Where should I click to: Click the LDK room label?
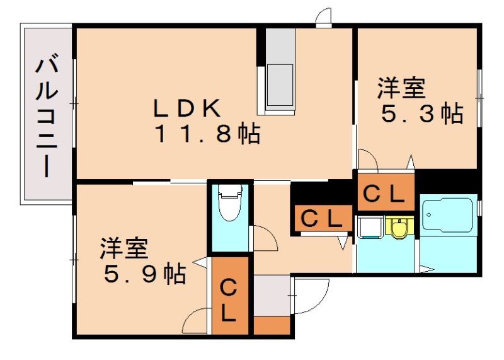tap(187, 108)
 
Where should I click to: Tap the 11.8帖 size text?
tap(207, 133)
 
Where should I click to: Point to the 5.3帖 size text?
tap(423, 114)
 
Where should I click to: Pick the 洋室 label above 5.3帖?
tap(401, 88)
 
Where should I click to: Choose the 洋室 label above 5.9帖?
tap(123, 248)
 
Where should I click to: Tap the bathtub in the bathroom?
tap(448, 217)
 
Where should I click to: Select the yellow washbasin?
tap(399, 227)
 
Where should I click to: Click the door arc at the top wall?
tap(324, 16)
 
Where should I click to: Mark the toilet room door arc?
tap(265, 238)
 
